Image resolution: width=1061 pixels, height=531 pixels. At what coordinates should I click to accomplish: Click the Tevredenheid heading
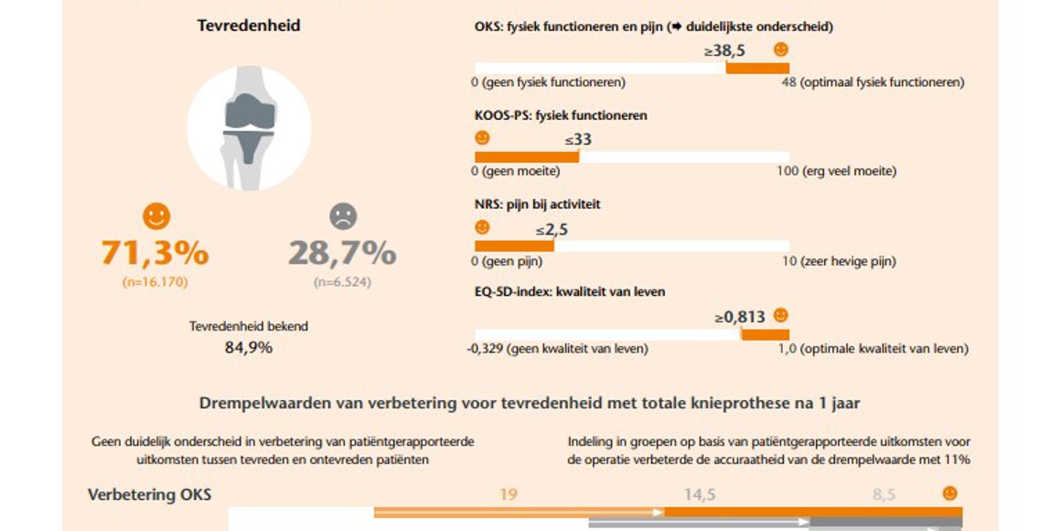coord(249,26)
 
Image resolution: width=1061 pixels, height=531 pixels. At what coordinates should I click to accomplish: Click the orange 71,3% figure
coord(155,253)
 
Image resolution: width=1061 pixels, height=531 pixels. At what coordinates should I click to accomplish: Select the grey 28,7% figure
coord(342,253)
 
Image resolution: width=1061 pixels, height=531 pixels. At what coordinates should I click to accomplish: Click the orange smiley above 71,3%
coord(156,216)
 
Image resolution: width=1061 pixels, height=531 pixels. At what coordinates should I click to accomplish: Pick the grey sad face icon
coord(342,216)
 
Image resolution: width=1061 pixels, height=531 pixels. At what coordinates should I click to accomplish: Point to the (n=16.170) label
coord(155,282)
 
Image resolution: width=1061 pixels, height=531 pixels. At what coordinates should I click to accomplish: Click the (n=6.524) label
coord(342,282)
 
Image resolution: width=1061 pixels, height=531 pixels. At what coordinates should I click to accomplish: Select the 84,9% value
coord(249,347)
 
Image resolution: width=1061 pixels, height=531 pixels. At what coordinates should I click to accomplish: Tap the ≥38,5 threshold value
coord(724,51)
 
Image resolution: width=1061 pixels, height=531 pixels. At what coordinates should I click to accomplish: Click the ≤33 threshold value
coord(577,140)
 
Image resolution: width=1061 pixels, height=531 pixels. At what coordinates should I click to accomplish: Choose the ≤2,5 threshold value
coord(552,230)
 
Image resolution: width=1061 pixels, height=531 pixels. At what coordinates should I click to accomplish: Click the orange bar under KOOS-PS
coord(526,157)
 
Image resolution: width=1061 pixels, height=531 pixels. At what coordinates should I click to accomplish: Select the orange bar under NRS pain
coord(513,245)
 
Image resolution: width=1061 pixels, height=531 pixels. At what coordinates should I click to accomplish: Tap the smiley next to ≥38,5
coord(780,49)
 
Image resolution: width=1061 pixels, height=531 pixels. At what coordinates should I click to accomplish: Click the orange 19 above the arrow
coord(509,495)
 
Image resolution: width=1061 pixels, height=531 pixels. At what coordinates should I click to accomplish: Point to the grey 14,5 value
coord(700,495)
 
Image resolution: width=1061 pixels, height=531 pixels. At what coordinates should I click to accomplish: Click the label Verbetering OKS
coord(149,495)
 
